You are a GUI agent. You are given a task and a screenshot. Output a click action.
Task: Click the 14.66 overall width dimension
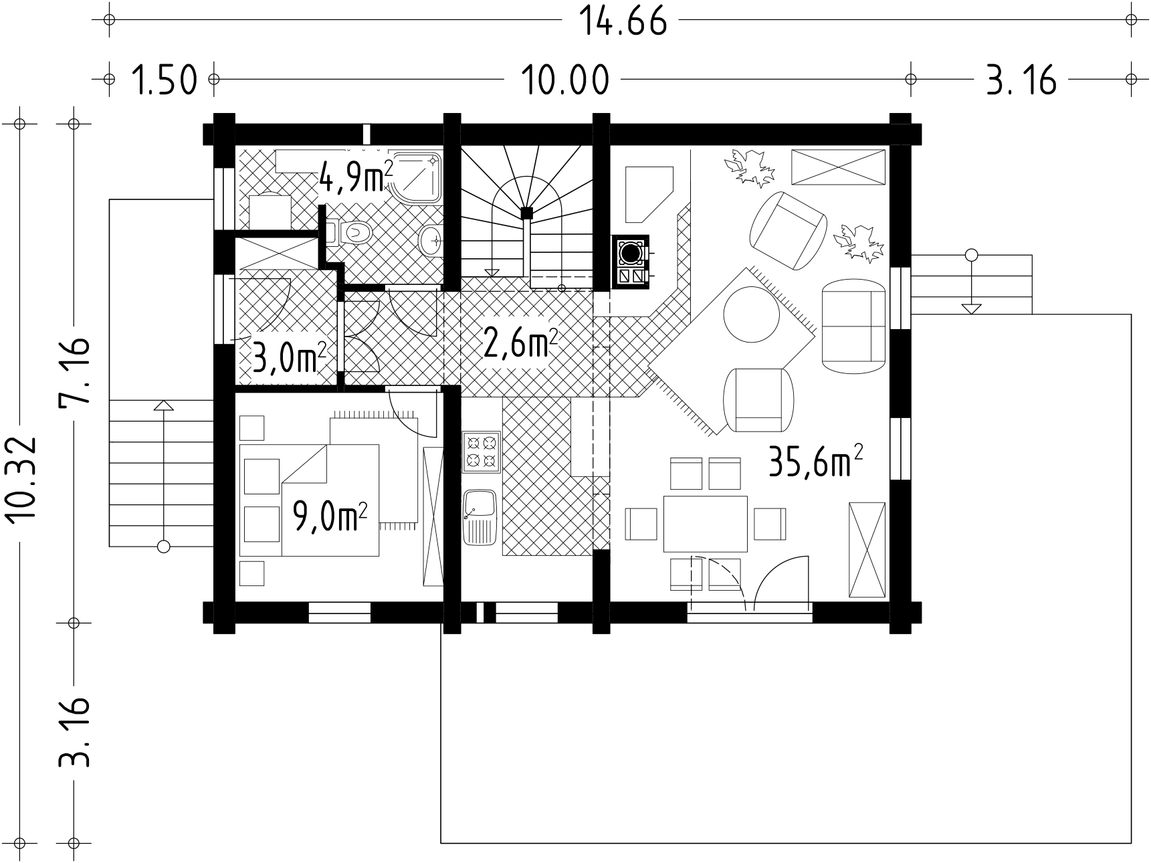pos(622,21)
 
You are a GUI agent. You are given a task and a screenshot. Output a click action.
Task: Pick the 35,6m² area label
pos(815,462)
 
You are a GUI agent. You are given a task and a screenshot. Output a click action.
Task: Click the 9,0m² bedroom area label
pos(330,517)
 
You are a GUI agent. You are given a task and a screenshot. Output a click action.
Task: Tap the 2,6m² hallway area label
pos(520,344)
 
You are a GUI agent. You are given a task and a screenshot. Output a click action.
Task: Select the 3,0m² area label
pos(289,358)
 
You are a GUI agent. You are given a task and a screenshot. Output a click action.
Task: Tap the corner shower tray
pos(417,177)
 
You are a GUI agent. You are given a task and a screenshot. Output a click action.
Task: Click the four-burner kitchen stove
pos(482,452)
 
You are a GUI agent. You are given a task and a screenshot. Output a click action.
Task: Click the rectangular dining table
pos(705,523)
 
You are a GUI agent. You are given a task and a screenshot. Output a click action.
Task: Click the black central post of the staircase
pos(527,213)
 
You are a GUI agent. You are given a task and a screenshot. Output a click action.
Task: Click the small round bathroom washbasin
pos(431,239)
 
